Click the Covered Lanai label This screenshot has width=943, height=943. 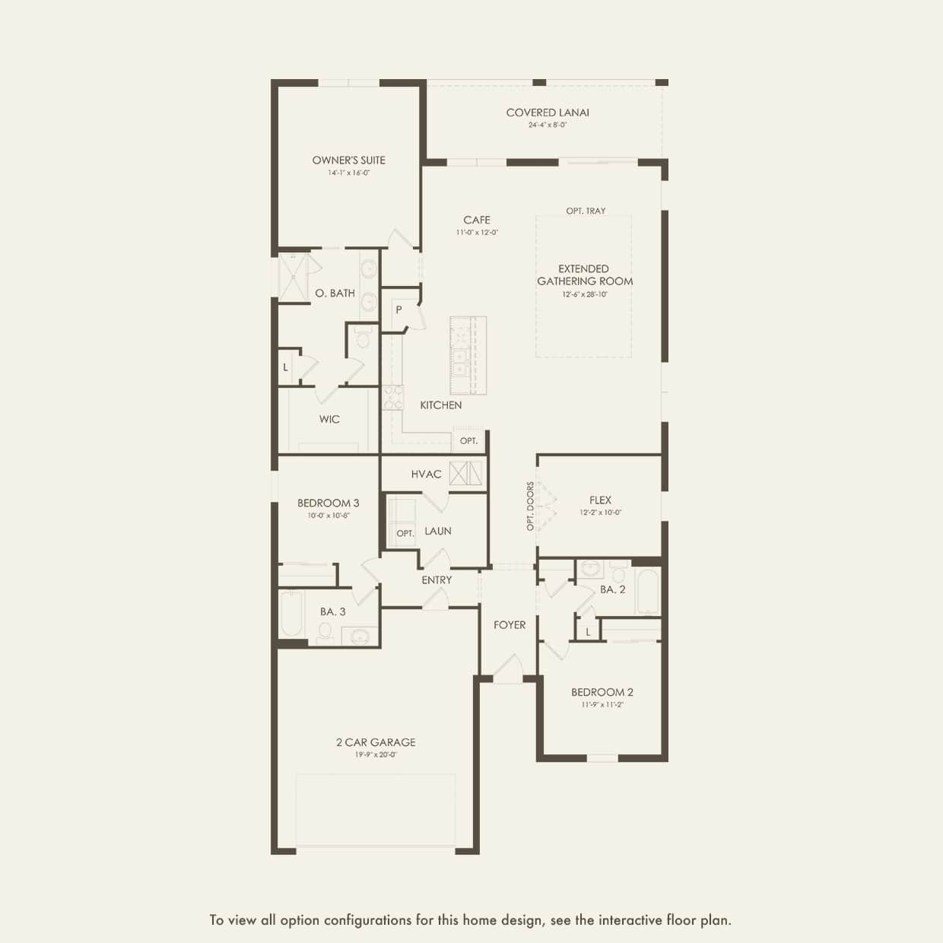pos(548,113)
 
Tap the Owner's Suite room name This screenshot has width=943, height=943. pos(348,160)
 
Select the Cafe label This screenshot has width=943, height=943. pos(477,220)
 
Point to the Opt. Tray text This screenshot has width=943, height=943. pos(586,211)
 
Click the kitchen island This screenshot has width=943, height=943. pos(467,355)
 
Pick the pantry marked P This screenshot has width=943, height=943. pos(398,310)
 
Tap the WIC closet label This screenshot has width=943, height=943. pos(329,419)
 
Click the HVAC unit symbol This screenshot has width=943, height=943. pos(465,473)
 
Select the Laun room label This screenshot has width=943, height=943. pos(438,531)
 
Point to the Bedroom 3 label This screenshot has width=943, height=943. pos(328,503)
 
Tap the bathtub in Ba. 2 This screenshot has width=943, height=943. pos(646,592)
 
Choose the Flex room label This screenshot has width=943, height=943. pos(600,500)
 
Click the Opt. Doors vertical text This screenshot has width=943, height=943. pos(530,506)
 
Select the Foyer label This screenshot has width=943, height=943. pos(510,624)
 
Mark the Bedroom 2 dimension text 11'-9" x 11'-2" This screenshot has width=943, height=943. pos(602,705)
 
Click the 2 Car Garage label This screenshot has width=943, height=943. pos(376,742)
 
